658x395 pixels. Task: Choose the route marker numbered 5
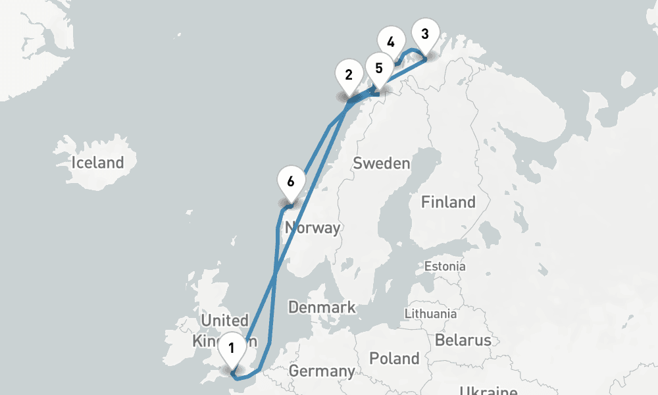(378, 68)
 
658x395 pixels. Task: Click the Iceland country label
(97, 163)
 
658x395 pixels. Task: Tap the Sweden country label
(382, 163)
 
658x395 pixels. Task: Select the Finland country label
(448, 202)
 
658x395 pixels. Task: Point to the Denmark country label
(322, 307)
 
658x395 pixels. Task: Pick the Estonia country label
(445, 267)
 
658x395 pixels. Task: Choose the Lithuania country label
(430, 313)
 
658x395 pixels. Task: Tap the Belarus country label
(463, 340)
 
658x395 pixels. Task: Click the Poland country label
(394, 359)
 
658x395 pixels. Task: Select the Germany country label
(322, 371)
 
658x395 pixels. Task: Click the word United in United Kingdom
(224, 321)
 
